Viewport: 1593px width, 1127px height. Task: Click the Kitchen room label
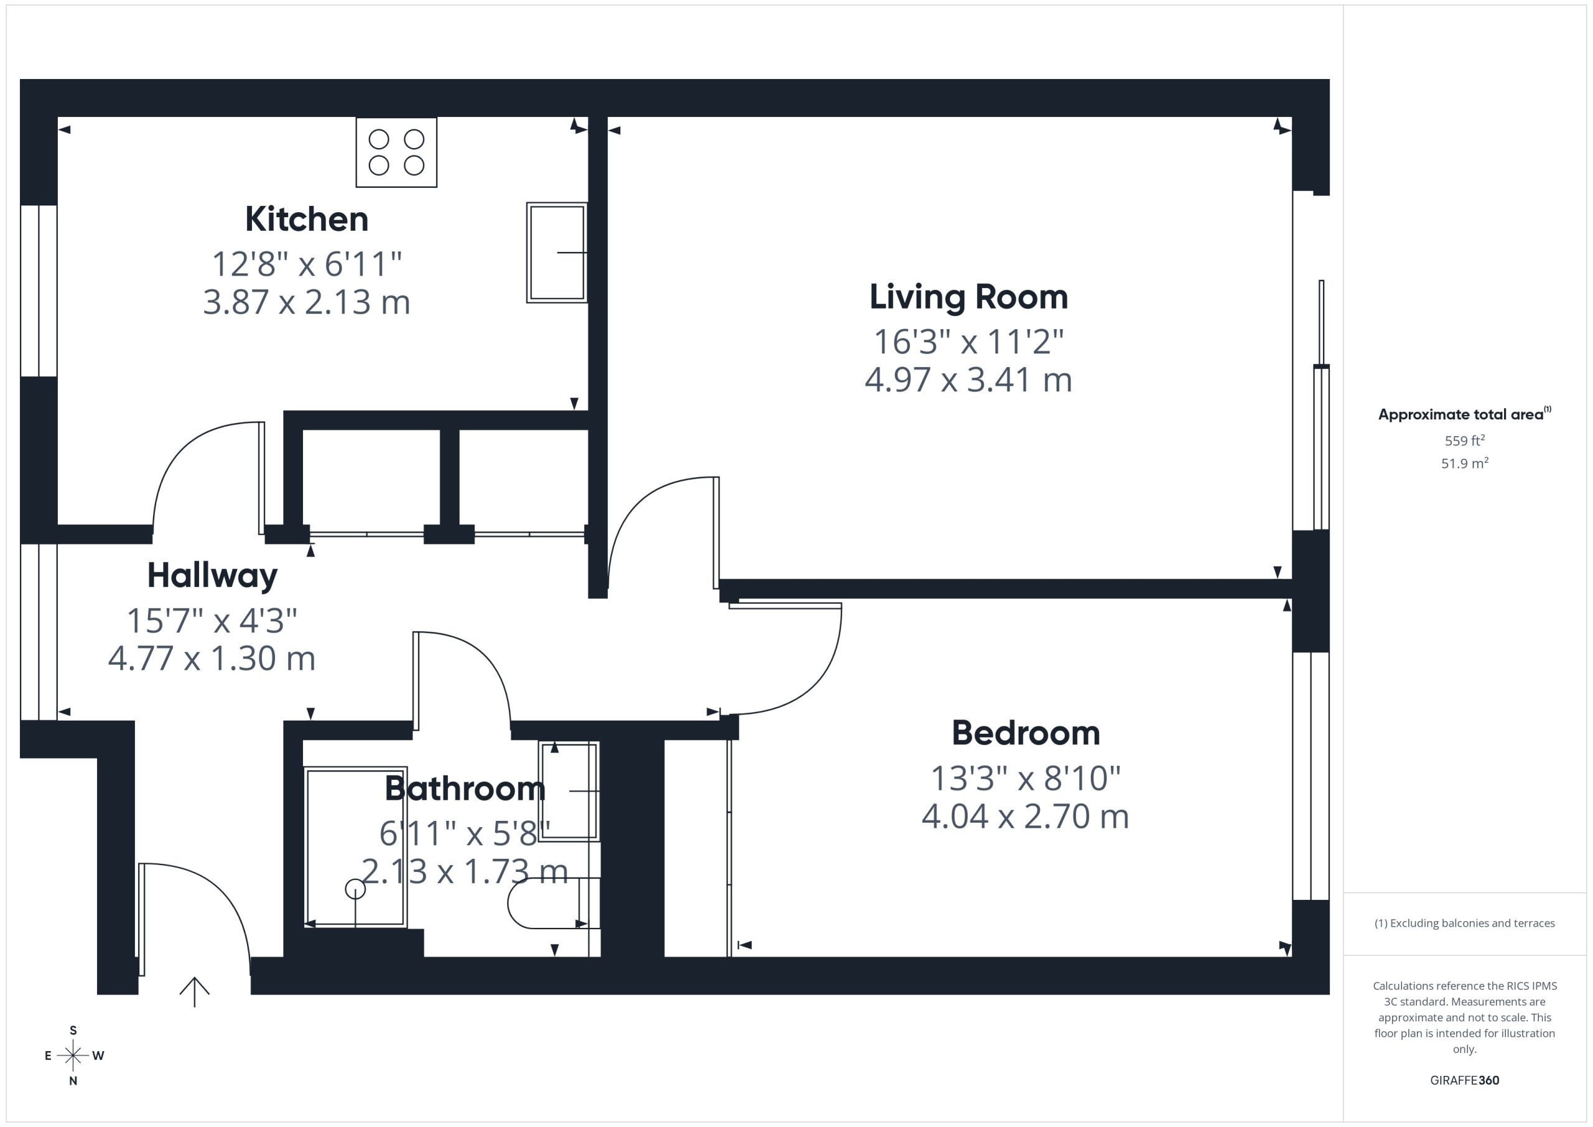coord(307,219)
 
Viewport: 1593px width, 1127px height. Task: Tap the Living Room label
coord(969,297)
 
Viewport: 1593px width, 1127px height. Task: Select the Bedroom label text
coord(1025,734)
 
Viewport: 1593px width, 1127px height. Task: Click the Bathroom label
coord(465,789)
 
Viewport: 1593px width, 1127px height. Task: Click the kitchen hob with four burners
coord(396,152)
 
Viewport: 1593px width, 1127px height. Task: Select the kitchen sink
coord(557,253)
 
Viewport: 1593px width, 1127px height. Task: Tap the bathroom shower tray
coord(355,848)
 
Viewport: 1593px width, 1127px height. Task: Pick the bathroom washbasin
coord(569,791)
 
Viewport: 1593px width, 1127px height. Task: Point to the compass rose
coord(73,1055)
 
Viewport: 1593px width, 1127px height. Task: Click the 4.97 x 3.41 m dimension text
coord(969,380)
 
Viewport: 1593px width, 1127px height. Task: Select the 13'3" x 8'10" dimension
coord(1025,779)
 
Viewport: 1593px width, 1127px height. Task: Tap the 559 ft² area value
coord(1465,441)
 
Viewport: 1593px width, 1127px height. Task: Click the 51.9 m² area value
coord(1465,463)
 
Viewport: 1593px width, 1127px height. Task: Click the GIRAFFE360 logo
coord(1465,1080)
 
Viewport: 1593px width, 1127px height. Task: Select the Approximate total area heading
coord(1465,414)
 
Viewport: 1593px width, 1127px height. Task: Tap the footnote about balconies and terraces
coord(1465,923)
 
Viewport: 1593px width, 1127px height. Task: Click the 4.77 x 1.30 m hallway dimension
coord(212,658)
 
